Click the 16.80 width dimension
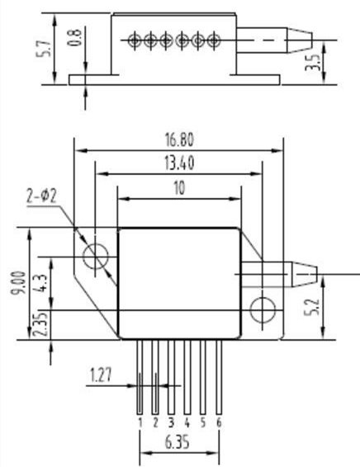click(179, 139)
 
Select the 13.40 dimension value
click(179, 163)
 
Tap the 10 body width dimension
click(179, 188)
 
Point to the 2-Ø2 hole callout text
click(41, 196)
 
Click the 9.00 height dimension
click(18, 283)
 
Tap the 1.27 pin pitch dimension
click(101, 375)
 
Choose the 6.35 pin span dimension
click(177, 443)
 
